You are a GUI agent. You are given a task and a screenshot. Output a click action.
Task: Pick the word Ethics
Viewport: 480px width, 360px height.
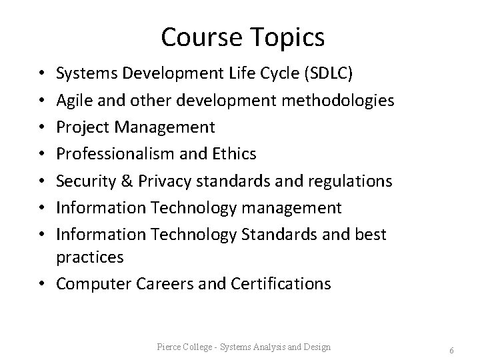233,154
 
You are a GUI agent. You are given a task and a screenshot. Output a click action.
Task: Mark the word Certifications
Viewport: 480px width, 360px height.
281,284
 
